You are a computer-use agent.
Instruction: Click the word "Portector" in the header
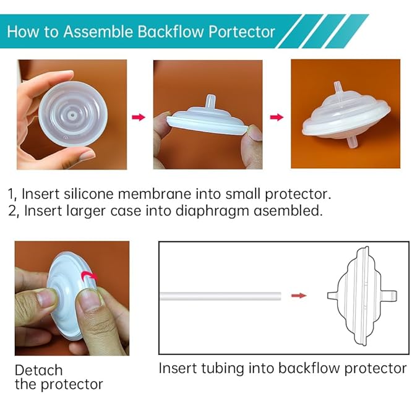click(x=236, y=32)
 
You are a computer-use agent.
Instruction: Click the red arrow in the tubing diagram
click(x=299, y=296)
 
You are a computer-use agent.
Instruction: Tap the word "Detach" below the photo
click(x=38, y=371)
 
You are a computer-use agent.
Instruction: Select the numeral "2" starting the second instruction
click(x=13, y=211)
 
